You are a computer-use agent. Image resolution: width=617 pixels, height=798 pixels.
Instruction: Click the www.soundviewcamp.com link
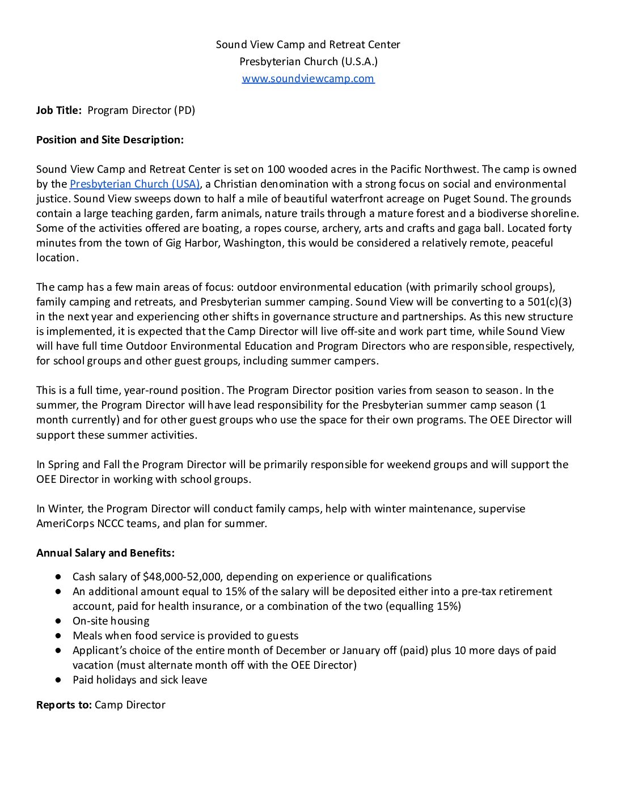coord(308,78)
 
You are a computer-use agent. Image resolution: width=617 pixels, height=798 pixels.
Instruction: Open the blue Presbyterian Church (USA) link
coord(134,184)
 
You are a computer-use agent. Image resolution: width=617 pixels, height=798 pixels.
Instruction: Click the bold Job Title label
coord(59,110)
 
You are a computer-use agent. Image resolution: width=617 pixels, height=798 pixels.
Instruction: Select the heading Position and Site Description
coord(110,139)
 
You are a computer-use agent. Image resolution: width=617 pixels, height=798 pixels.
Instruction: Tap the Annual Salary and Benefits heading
coord(105,553)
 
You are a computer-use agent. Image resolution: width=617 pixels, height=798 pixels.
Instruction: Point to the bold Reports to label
coord(64,704)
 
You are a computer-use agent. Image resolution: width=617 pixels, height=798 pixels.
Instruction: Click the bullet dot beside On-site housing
coord(58,621)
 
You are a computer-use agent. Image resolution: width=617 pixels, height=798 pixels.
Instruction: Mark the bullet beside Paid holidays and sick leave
coord(58,680)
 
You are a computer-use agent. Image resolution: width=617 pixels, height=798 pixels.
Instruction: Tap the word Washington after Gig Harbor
coord(252,243)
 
